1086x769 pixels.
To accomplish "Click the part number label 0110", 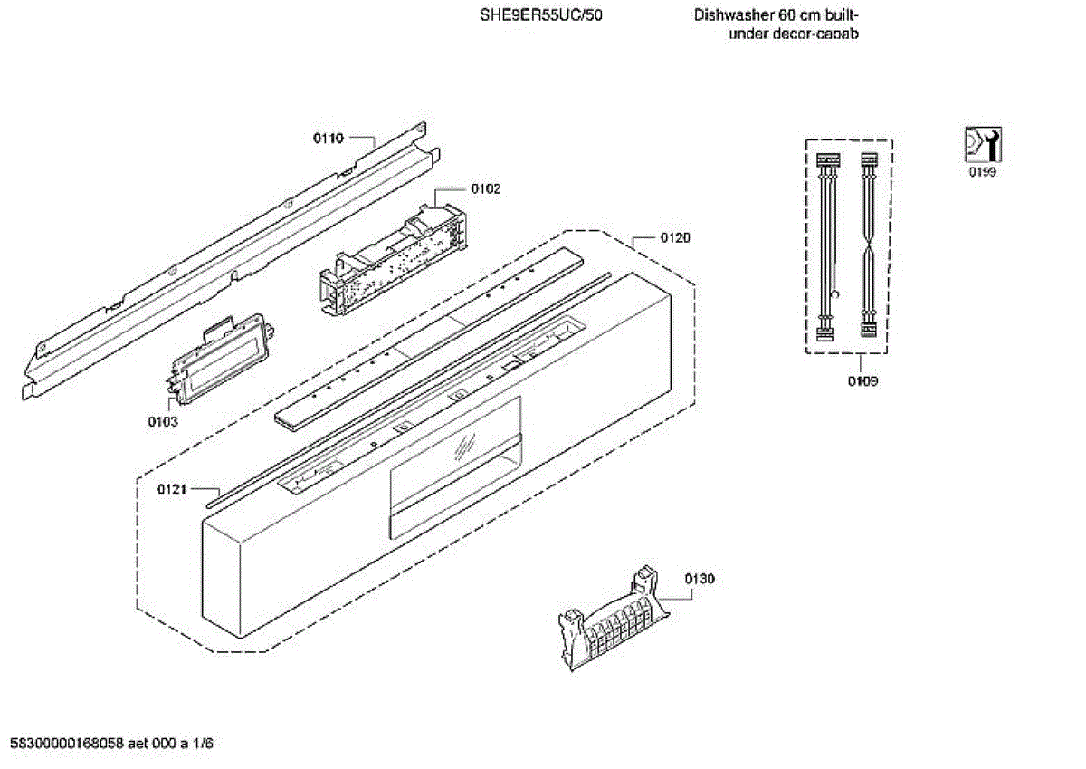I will point(328,139).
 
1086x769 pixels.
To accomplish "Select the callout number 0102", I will point(485,189).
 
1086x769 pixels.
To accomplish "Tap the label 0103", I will point(163,422).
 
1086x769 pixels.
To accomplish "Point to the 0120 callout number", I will point(675,238).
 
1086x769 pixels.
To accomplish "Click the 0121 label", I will point(171,490).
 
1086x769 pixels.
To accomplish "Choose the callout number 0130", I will point(700,579).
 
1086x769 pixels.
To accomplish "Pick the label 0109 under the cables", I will point(862,381).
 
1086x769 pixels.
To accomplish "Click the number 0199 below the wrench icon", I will point(982,173).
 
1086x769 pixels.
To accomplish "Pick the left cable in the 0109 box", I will point(825,246).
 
